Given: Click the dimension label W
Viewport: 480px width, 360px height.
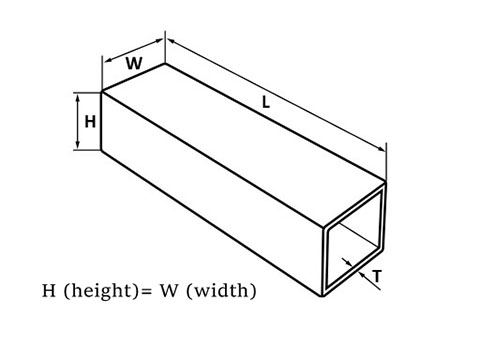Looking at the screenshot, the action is click(x=133, y=63).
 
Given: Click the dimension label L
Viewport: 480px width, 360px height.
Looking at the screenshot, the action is click(x=265, y=102).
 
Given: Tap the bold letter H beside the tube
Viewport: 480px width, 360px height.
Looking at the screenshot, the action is click(x=90, y=122).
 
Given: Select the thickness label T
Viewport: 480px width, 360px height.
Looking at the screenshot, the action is click(x=376, y=275).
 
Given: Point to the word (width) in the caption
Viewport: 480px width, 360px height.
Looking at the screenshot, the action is click(x=223, y=292).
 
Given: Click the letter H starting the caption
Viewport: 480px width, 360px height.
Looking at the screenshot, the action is click(x=48, y=292).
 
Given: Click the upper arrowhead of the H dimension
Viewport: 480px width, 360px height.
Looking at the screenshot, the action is click(x=77, y=96).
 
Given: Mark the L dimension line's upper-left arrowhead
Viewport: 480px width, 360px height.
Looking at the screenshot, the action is click(x=168, y=40).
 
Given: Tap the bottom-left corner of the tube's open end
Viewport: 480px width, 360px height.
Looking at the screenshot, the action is click(x=321, y=296).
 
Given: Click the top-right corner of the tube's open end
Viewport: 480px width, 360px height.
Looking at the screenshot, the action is click(x=386, y=183).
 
